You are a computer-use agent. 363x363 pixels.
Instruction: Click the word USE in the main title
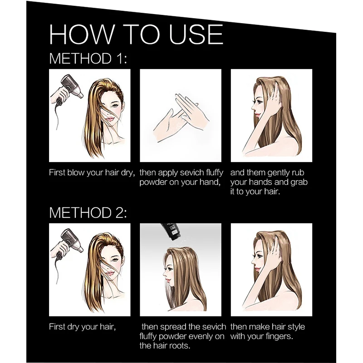[x=196, y=34]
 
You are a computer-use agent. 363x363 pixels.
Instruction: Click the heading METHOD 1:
[x=88, y=59]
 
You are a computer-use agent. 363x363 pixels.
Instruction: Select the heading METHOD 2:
[x=88, y=212]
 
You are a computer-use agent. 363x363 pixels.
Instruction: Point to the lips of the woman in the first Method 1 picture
[x=110, y=119]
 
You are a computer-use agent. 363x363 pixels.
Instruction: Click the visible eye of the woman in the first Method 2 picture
[x=115, y=260]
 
